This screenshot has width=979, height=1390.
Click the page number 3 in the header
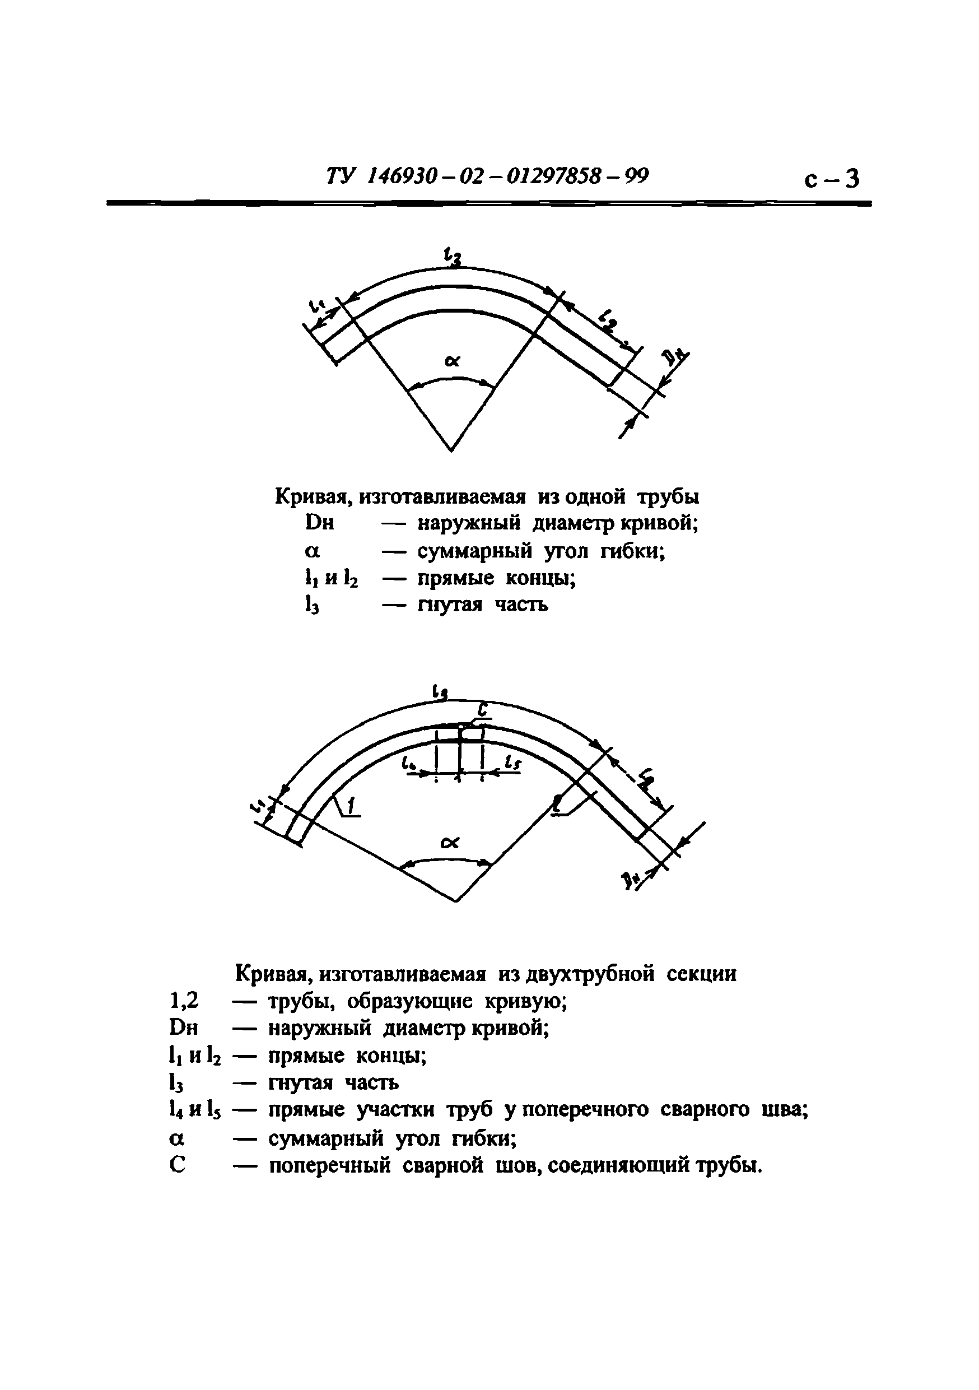(x=851, y=179)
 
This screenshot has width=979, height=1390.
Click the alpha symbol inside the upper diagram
(x=452, y=362)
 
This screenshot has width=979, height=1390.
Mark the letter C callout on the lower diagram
(x=482, y=709)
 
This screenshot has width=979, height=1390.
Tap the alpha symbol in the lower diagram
(x=450, y=843)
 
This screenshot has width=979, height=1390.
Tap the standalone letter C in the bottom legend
(x=178, y=1165)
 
